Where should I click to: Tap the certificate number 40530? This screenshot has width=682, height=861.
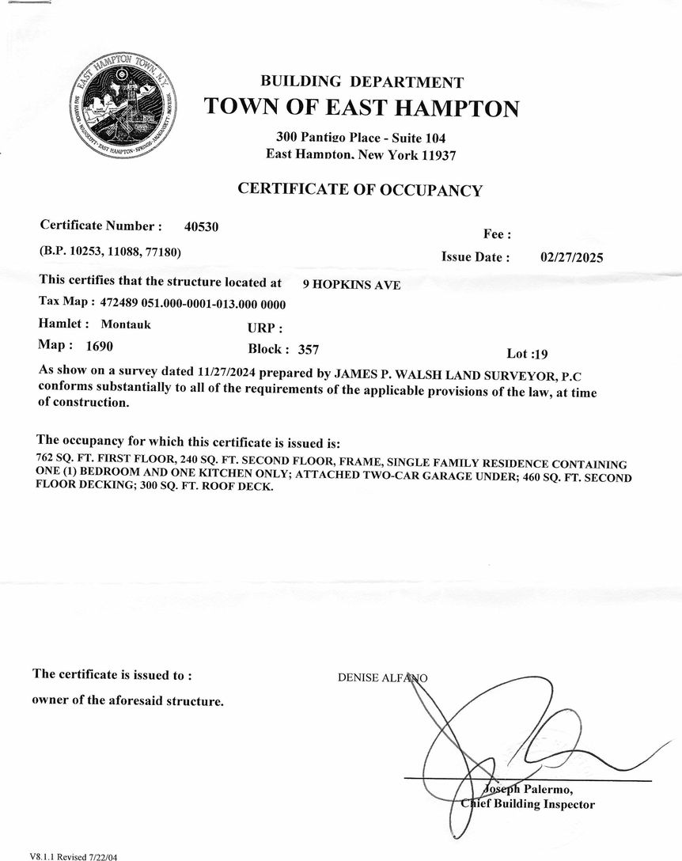coord(202,227)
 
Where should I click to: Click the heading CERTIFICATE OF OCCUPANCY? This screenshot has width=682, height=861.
coord(360,190)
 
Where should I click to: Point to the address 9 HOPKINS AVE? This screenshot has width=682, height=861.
coord(351,285)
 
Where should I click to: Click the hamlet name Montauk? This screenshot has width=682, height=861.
coord(126,324)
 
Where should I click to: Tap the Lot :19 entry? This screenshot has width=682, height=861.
coord(527,354)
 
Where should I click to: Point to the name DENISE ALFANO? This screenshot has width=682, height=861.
coord(382,678)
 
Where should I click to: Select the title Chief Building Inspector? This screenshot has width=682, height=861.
coord(528,805)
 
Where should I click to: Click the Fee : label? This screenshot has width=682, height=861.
coord(497,234)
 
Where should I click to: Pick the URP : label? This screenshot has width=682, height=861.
coord(265,328)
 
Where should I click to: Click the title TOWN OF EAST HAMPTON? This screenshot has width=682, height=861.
coord(362,108)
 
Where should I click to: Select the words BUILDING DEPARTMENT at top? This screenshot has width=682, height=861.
coord(362,82)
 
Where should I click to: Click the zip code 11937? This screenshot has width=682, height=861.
coord(434,156)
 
